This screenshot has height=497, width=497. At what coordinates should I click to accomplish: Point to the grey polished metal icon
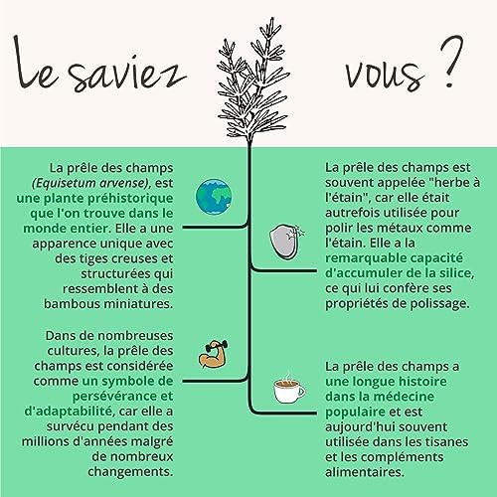(x=284, y=242)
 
